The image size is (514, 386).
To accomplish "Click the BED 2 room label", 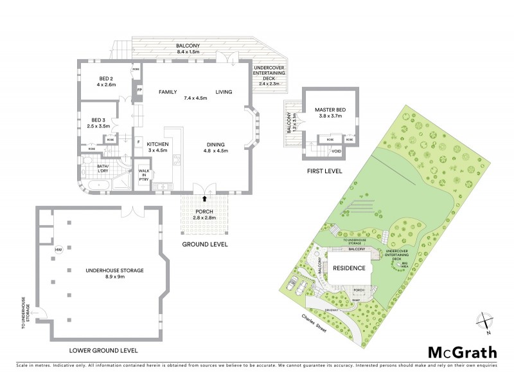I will pyautogui.click(x=97, y=81).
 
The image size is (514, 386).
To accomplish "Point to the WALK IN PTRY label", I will pyautogui.click(x=144, y=175).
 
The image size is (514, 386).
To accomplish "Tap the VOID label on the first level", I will pyautogui.click(x=335, y=151).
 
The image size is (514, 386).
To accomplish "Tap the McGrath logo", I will pyautogui.click(x=462, y=352).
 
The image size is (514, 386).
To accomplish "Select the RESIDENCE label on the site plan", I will pyautogui.click(x=350, y=268).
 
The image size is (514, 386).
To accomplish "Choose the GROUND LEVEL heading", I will pyautogui.click(x=205, y=245).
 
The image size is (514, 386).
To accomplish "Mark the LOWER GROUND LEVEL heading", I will pyautogui.click(x=103, y=351).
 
